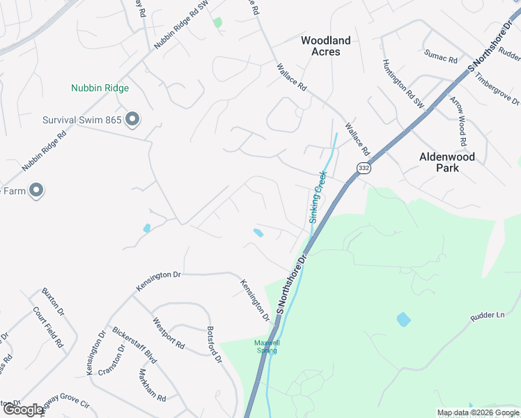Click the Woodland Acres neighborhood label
click(x=325, y=46)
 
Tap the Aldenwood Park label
click(x=446, y=162)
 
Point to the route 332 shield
click(x=363, y=168)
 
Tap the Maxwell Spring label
click(x=266, y=346)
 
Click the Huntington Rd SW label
click(x=403, y=83)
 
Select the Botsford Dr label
click(x=215, y=346)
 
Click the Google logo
click(x=23, y=410)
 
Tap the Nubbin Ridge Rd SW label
click(x=182, y=32)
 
